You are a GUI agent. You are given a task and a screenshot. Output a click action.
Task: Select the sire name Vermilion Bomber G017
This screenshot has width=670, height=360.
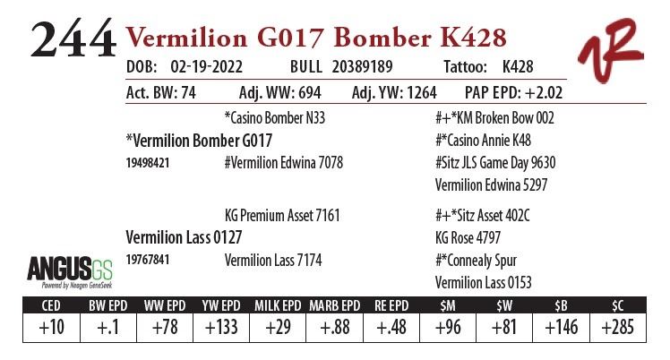[x=200, y=141]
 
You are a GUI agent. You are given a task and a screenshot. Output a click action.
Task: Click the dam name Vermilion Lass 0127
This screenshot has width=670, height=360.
[x=184, y=237]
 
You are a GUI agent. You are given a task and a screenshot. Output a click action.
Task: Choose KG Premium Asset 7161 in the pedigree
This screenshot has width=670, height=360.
[x=282, y=216]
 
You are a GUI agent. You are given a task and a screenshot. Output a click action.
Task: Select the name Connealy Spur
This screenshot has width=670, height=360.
[x=475, y=261]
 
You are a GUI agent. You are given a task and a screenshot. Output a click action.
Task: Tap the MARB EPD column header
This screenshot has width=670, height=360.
[x=334, y=305]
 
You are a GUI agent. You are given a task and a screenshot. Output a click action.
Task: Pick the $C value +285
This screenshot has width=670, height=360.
[x=617, y=327]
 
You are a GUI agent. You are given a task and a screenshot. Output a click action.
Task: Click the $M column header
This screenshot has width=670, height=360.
[x=444, y=305]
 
